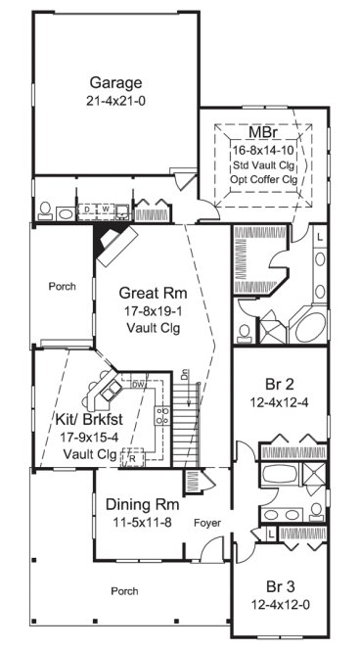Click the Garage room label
click(x=115, y=82)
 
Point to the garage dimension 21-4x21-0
click(x=115, y=100)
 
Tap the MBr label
click(x=260, y=132)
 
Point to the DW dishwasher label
click(x=139, y=386)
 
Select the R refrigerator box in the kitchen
click(x=131, y=456)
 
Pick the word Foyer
click(x=206, y=523)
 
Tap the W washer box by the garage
click(x=105, y=209)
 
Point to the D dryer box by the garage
click(x=86, y=209)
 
